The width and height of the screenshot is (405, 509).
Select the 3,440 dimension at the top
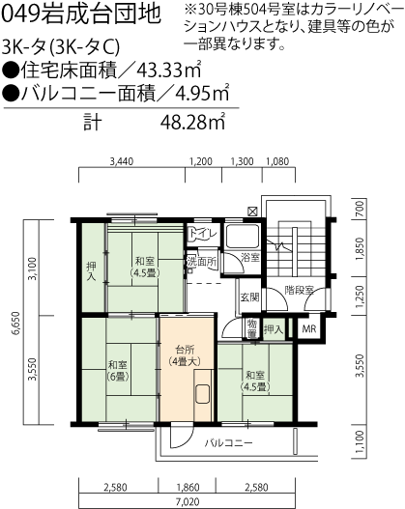pos(121,161)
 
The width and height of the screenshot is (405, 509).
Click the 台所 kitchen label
pos(184,349)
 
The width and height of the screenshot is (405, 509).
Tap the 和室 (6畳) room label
pos(118,371)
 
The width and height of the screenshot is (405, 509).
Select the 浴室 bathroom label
pos(249,258)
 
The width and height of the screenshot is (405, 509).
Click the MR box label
pos(308,329)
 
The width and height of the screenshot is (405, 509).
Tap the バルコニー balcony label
pos(229,443)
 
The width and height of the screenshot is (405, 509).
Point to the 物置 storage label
pos(250,328)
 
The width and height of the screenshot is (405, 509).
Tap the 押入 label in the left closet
pos(92,270)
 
